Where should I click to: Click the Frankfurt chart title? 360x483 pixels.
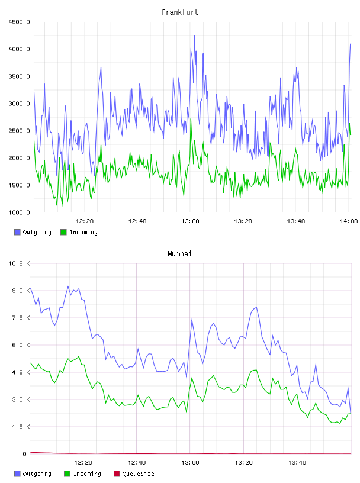point(180,12)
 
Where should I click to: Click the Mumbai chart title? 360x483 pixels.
point(179,254)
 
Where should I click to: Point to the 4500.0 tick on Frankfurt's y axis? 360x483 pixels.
point(19,22)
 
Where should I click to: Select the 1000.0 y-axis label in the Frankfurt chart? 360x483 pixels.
point(19,212)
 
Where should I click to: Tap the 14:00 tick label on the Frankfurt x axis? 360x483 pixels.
point(349,221)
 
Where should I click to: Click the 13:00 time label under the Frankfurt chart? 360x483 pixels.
point(190,221)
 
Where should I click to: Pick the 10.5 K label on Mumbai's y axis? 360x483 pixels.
point(19,263)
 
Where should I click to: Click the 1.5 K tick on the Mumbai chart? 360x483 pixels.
point(21,427)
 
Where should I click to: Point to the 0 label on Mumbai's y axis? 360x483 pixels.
point(25,454)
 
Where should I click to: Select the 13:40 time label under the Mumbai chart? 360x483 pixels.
point(297,463)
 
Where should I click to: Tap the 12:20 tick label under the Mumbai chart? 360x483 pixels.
point(83,463)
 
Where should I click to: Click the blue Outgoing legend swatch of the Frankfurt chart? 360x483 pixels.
point(17,232)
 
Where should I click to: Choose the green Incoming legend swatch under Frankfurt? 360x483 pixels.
point(63,232)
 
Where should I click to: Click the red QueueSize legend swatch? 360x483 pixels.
point(117,474)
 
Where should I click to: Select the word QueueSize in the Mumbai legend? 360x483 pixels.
point(138,474)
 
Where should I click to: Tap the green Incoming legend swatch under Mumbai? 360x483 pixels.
point(67,474)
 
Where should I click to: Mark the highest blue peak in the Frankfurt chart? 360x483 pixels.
point(194,36)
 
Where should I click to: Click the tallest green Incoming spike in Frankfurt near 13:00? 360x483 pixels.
point(191,119)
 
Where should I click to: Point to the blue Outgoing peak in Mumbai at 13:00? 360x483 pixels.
point(192,320)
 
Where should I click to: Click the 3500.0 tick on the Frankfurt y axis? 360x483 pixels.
point(19,76)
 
